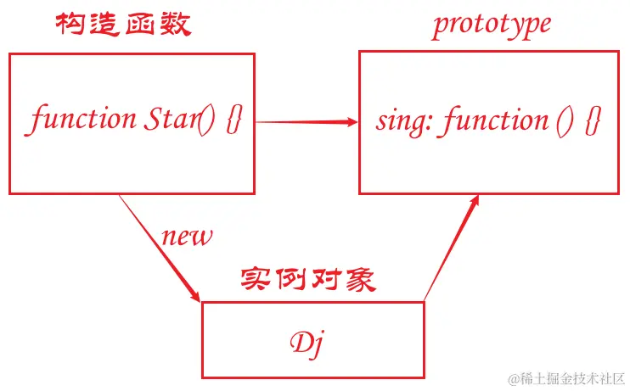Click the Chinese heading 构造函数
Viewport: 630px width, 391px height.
[x=124, y=25]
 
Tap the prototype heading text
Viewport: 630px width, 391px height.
[x=491, y=25]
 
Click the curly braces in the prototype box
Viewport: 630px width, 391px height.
[x=593, y=120]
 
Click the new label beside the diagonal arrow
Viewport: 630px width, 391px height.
[x=186, y=236]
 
